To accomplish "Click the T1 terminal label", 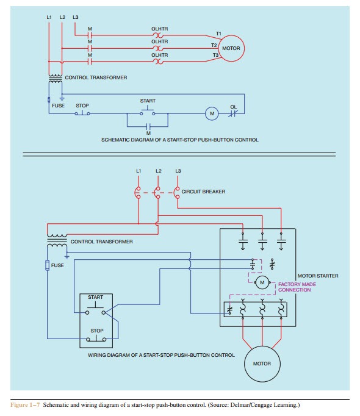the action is [218, 34].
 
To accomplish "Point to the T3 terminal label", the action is [215, 55].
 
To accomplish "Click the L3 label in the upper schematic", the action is [76, 17].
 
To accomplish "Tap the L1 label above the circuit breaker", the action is [139, 171].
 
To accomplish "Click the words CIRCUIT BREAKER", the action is [203, 192].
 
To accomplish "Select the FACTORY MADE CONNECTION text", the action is [297, 287].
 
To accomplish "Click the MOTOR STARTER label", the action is [318, 276].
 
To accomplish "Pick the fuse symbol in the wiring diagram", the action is [47, 265].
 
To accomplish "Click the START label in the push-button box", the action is [95, 297].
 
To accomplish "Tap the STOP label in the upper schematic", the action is [82, 106].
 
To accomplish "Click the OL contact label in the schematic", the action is [233, 107].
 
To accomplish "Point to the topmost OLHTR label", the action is [159, 29].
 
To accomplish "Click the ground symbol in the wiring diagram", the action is [67, 256].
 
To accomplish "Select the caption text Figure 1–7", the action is [25, 405].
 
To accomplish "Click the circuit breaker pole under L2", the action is [157, 192].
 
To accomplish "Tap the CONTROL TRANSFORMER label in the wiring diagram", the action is [101, 242].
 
